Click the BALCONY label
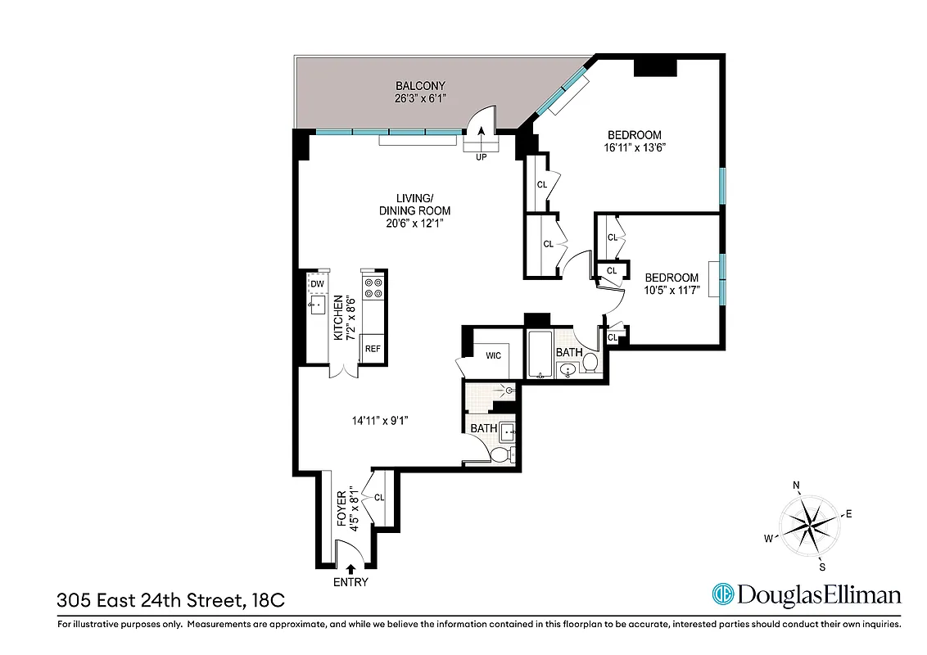(x=419, y=86)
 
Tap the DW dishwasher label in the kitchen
(x=318, y=284)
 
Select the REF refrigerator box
(x=373, y=349)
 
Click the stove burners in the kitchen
(x=373, y=287)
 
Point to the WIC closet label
(x=493, y=355)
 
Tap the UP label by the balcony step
(x=481, y=156)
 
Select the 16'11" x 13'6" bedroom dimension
(x=634, y=149)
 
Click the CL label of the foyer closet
(x=378, y=497)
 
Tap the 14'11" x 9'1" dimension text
(x=379, y=421)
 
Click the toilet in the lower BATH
(x=504, y=454)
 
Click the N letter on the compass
(x=796, y=486)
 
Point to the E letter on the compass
(x=849, y=514)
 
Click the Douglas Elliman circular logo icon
(x=722, y=594)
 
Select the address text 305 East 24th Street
(x=149, y=600)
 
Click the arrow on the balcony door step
(x=481, y=132)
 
